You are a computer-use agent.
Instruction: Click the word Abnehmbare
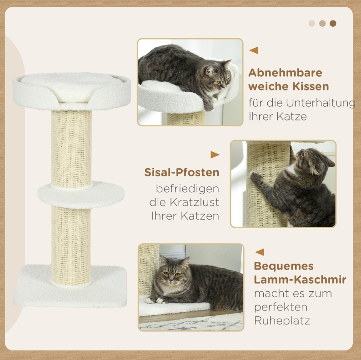coord(285,73)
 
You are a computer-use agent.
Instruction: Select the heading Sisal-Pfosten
coord(182,172)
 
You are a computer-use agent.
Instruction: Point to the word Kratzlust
coord(195,202)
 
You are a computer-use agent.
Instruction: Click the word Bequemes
coord(284,266)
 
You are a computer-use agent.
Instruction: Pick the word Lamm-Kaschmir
coord(300,280)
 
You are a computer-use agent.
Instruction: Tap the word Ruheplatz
coord(282,320)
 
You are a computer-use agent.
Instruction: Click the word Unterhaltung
coord(321,103)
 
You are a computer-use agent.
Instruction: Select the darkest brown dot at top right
coord(333,24)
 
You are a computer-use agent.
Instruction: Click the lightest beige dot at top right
coord(312,24)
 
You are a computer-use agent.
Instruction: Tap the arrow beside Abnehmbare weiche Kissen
coord(254,50)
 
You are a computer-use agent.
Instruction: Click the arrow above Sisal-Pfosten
coord(215,155)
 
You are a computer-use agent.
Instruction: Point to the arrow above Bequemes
coord(260,252)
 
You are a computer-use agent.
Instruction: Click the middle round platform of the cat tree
coord(81,194)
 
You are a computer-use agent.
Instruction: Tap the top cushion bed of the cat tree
coord(71,91)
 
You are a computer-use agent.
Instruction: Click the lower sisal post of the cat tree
coord(71,245)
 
